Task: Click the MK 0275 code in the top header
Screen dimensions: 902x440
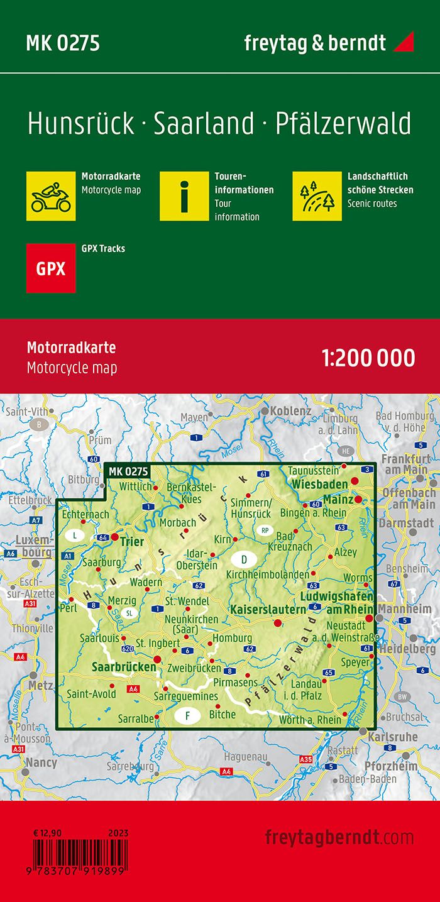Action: [63, 43]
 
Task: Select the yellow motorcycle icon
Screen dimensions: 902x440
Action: [51, 195]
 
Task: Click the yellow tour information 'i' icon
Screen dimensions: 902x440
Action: [184, 195]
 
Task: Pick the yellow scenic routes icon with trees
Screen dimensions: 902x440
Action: [317, 195]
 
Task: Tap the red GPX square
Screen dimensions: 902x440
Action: [51, 268]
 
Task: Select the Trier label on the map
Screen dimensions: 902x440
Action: [133, 542]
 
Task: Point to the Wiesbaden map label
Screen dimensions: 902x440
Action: [319, 484]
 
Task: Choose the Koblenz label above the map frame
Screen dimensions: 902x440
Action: [291, 411]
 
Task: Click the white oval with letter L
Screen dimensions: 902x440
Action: [75, 536]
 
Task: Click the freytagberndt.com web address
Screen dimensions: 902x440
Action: [339, 837]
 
